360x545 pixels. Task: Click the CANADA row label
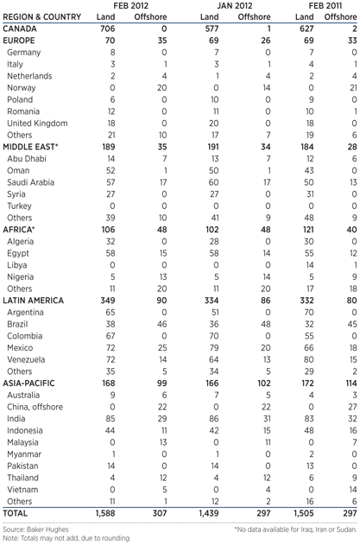coord(25,28)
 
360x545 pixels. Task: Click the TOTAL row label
coord(20,511)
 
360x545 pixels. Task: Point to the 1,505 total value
coord(306,511)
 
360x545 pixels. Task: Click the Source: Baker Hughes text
coord(40,526)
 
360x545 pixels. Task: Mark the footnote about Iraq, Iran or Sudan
coord(295,526)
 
